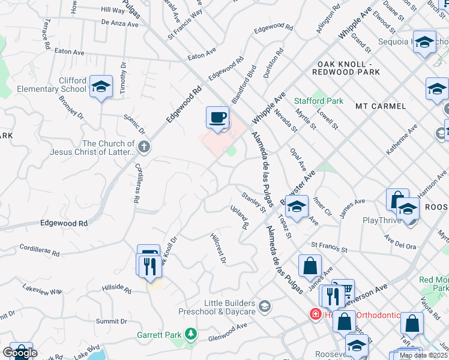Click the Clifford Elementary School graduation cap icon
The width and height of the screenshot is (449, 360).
click(101, 86)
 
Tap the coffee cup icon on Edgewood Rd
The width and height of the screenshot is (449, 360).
click(217, 116)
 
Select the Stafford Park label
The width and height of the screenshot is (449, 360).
click(319, 101)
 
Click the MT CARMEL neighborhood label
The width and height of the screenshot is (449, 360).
click(381, 106)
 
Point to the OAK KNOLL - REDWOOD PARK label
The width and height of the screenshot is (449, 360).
click(346, 68)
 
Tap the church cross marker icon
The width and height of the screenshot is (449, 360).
click(143, 146)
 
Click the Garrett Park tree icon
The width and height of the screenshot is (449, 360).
click(190, 333)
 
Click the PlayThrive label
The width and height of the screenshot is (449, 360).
click(382, 220)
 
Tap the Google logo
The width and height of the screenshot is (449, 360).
click(20, 353)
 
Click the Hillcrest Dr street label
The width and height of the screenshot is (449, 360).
click(218, 248)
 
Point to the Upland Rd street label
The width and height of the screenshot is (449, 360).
click(240, 218)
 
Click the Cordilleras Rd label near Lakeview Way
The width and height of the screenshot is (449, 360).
click(40, 250)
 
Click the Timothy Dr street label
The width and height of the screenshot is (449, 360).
click(123, 79)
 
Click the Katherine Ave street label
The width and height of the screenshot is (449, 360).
click(402, 140)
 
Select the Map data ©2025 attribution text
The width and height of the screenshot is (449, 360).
click(423, 355)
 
